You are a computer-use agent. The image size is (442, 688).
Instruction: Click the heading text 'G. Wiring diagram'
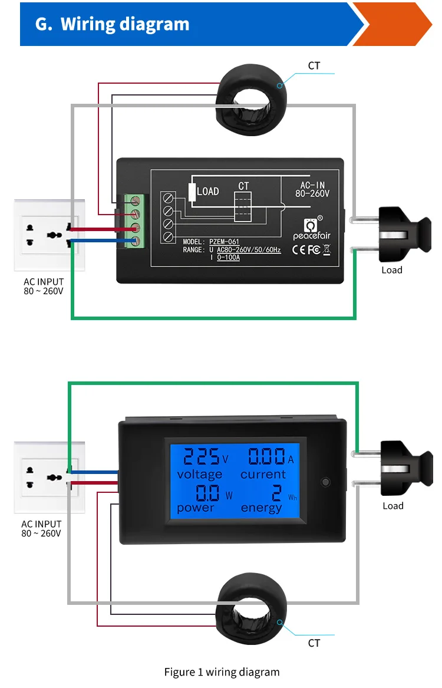pyautogui.click(x=113, y=24)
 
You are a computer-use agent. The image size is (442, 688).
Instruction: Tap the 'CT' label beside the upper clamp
pyautogui.click(x=314, y=65)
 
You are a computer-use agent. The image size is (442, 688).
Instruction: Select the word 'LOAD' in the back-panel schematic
pyautogui.click(x=207, y=191)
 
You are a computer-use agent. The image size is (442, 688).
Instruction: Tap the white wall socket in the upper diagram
pyautogui.click(x=50, y=235)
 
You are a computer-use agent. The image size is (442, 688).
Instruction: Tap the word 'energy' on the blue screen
pyautogui.click(x=261, y=508)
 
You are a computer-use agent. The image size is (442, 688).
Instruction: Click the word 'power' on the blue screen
pyautogui.click(x=196, y=508)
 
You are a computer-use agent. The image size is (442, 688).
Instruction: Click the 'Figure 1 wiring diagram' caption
pyautogui.click(x=222, y=672)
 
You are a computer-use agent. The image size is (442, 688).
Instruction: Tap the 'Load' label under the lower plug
pyautogui.click(x=392, y=506)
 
